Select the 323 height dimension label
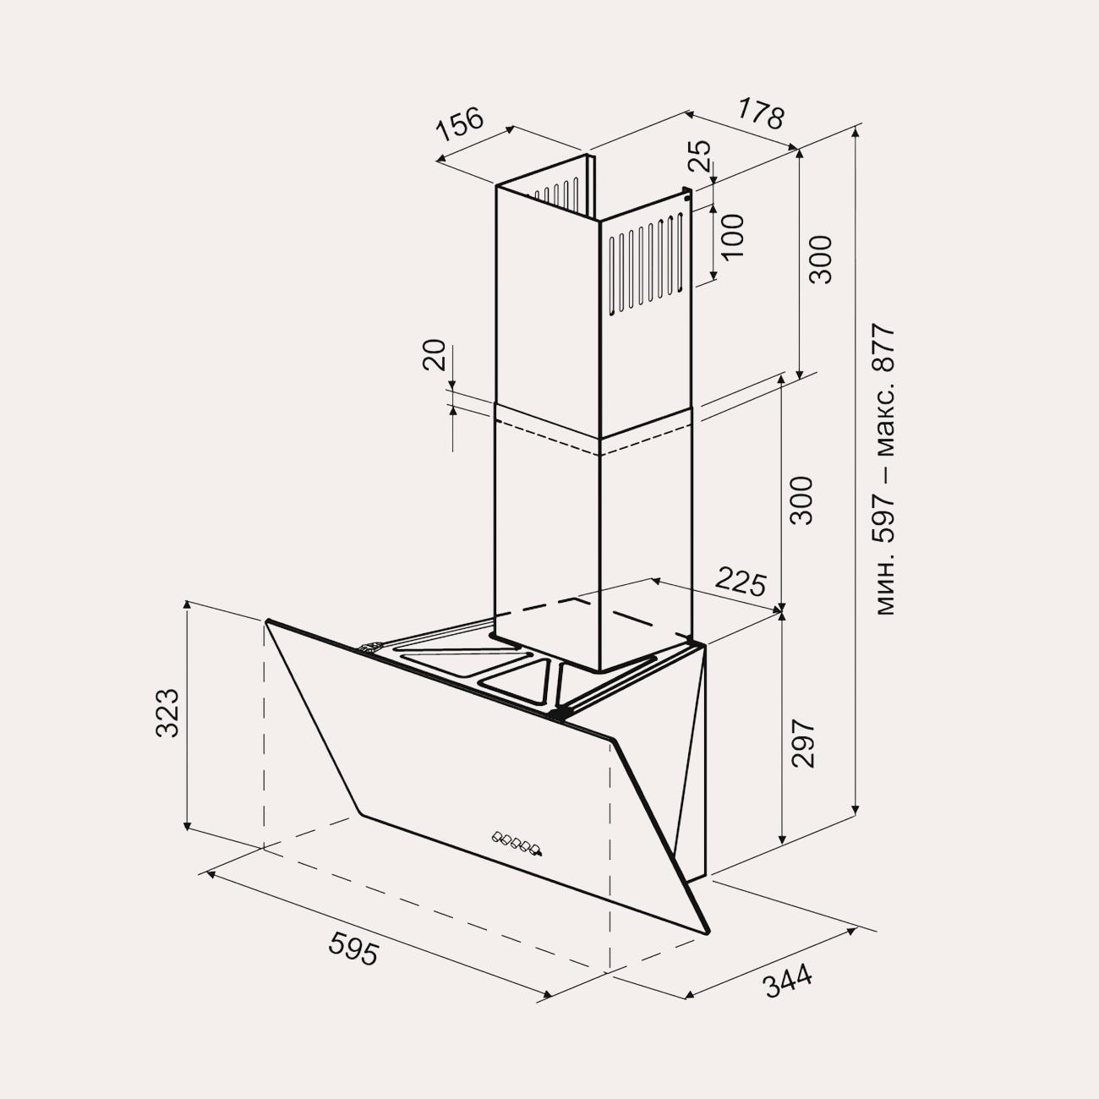click(x=167, y=713)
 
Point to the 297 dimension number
click(x=804, y=744)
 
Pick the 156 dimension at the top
click(x=460, y=124)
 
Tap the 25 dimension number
click(x=700, y=156)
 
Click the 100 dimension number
click(x=732, y=236)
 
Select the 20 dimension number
click(x=434, y=355)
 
